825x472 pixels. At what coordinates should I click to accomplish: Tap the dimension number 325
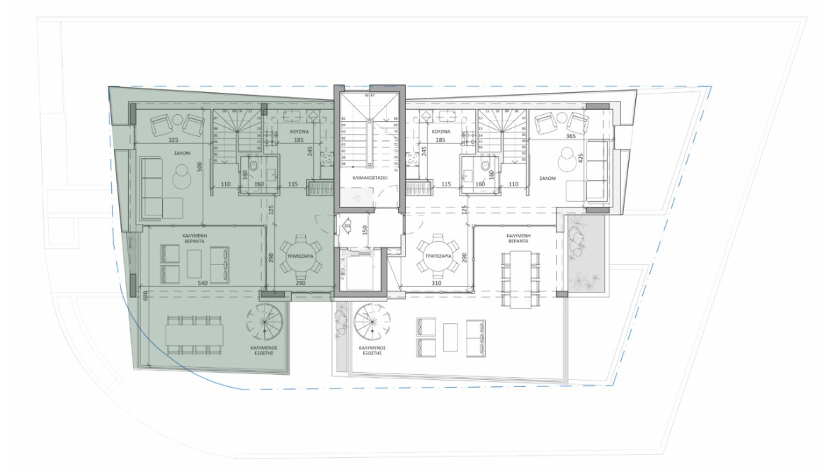pyautogui.click(x=173, y=140)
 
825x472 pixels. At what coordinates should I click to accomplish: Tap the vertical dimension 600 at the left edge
pyautogui.click(x=144, y=296)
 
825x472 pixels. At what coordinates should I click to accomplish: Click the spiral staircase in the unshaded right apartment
pyautogui.click(x=371, y=323)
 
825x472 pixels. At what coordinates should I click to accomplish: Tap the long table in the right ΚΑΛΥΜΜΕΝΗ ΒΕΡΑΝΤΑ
pyautogui.click(x=519, y=279)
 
